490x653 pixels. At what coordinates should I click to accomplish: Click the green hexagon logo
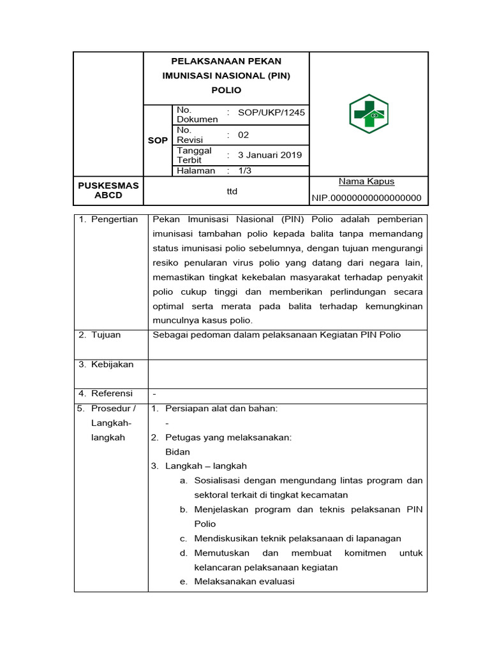click(368, 114)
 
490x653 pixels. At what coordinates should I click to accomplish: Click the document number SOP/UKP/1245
click(271, 113)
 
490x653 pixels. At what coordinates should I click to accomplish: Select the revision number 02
click(244, 135)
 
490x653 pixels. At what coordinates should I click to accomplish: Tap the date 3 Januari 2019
click(270, 155)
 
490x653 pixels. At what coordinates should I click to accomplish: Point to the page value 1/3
click(245, 171)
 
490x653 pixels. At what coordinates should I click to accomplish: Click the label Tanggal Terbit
click(195, 155)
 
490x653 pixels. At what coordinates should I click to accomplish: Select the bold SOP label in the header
click(158, 140)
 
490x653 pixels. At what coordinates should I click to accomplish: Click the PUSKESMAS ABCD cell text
click(108, 190)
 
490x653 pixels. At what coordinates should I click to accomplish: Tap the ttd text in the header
click(232, 191)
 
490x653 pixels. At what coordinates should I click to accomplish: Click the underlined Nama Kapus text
click(366, 182)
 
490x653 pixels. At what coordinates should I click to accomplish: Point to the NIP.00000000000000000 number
click(367, 198)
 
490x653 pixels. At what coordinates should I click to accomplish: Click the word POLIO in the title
click(226, 90)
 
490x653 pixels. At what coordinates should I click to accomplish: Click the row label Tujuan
click(106, 335)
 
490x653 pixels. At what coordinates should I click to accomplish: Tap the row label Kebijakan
click(112, 364)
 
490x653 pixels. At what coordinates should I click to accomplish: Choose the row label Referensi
click(112, 393)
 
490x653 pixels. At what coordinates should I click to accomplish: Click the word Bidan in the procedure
click(177, 451)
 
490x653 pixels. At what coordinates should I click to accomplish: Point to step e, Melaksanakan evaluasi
click(244, 581)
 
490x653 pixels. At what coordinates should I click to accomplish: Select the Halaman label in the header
click(196, 171)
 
